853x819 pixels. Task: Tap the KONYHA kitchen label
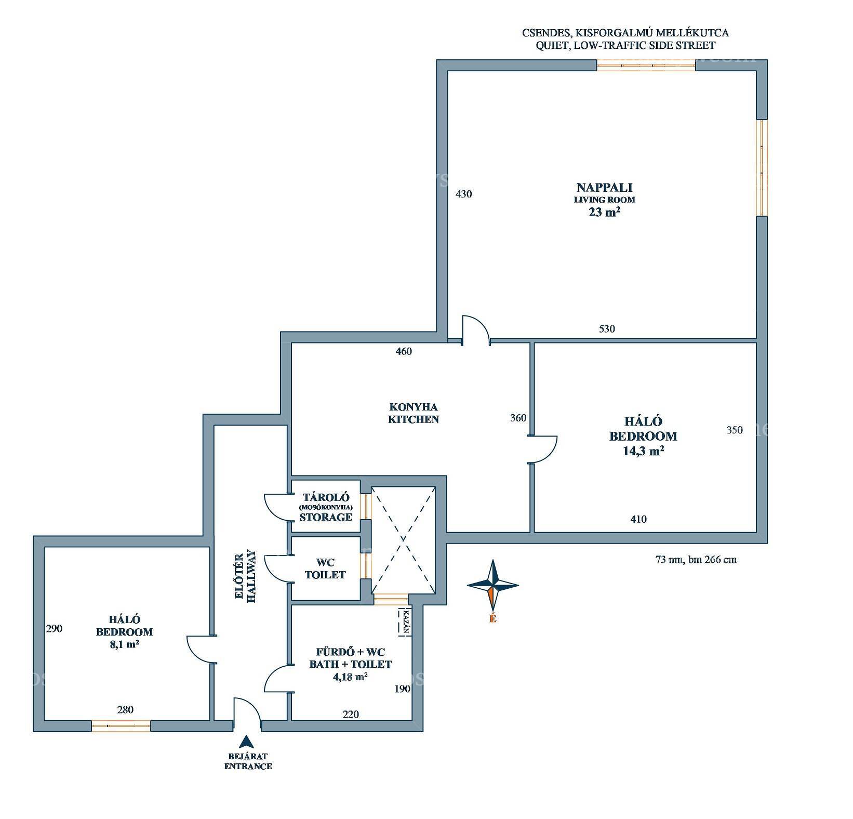[x=414, y=413]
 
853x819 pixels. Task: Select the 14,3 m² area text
[x=644, y=451]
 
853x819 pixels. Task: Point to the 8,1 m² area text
[x=125, y=645]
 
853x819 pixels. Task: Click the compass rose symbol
[x=493, y=585]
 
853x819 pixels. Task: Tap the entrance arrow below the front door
[x=248, y=742]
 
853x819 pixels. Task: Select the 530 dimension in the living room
[x=607, y=329]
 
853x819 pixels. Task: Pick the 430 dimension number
[x=463, y=194]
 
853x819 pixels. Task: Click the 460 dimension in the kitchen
[x=404, y=351]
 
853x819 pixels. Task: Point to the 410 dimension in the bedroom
[x=638, y=519]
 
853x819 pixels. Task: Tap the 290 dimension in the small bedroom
[x=54, y=629]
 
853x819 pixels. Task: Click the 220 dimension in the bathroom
[x=351, y=715]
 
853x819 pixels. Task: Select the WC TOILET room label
[x=325, y=569]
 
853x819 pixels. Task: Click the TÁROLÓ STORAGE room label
[x=326, y=507]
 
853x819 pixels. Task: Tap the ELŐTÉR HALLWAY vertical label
[x=246, y=576]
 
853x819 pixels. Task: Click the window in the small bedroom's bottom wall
[x=121, y=726]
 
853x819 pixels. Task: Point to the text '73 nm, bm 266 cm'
[x=696, y=560]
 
